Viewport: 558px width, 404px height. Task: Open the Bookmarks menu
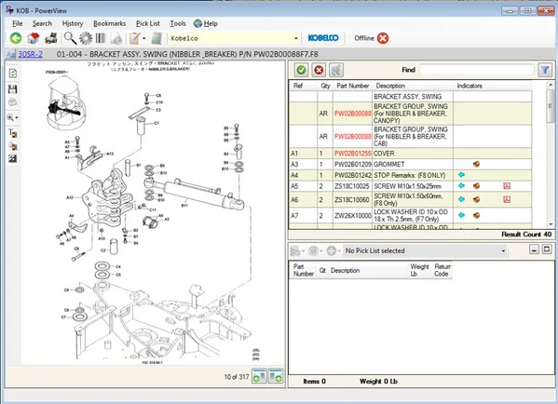tap(109, 22)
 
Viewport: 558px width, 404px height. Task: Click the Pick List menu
tap(147, 22)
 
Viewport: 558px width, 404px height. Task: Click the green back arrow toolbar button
tap(16, 38)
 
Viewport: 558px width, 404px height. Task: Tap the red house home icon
tap(34, 38)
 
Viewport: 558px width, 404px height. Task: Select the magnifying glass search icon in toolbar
tap(71, 38)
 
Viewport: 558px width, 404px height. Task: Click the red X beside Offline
tap(383, 38)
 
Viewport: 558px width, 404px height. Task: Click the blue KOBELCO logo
tap(323, 38)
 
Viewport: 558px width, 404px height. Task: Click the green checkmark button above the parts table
tap(302, 70)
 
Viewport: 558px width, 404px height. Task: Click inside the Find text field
tap(475, 70)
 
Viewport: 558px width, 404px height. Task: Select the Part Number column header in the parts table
tap(352, 86)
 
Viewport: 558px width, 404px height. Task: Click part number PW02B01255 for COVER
tap(352, 152)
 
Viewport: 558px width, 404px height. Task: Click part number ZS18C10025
tap(352, 186)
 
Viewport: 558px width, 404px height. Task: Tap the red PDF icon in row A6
tap(507, 199)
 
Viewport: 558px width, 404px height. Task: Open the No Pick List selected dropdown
tap(401, 250)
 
